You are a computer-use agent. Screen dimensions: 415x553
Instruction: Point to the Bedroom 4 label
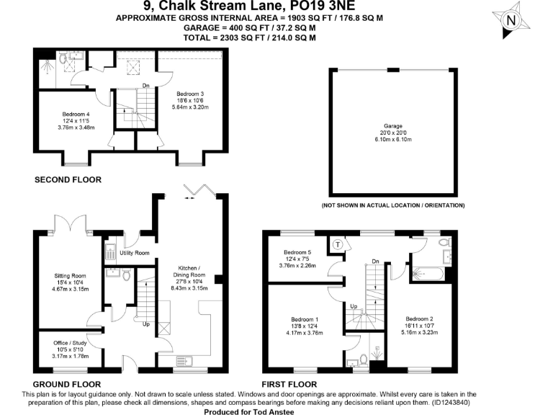(x=76, y=115)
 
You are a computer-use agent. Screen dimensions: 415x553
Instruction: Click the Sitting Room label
(x=71, y=275)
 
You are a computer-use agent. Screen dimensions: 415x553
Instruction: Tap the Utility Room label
(x=135, y=253)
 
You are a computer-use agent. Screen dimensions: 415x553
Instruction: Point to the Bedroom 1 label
(x=307, y=319)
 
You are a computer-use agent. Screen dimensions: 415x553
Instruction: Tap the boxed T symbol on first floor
(x=338, y=244)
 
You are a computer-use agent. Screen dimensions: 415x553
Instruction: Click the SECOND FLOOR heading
(x=68, y=179)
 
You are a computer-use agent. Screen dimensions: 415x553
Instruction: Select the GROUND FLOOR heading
(x=67, y=384)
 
